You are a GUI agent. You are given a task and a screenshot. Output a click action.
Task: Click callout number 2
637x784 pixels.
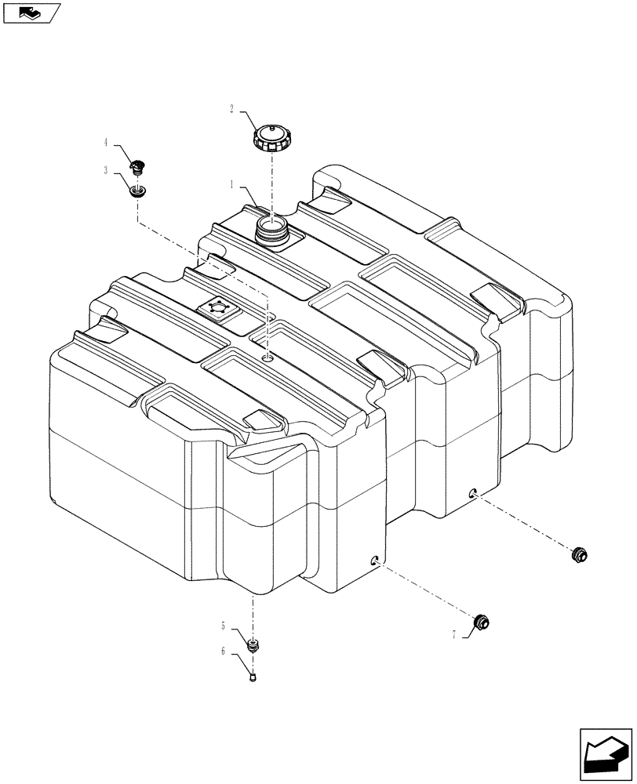click(232, 110)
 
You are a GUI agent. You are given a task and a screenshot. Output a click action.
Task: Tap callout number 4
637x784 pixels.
click(105, 143)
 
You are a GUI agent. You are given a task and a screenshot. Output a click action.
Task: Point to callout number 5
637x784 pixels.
click(224, 626)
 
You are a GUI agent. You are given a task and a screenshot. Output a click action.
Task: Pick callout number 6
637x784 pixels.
click(224, 652)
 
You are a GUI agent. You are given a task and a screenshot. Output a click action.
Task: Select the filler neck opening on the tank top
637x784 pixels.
click(271, 230)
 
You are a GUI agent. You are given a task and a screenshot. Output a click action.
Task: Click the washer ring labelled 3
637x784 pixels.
click(138, 190)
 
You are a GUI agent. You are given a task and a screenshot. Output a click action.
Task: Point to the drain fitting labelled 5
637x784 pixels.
click(253, 646)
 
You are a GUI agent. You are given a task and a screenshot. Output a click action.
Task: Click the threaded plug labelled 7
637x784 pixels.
click(482, 623)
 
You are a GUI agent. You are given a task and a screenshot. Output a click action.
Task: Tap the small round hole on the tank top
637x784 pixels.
click(268, 358)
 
